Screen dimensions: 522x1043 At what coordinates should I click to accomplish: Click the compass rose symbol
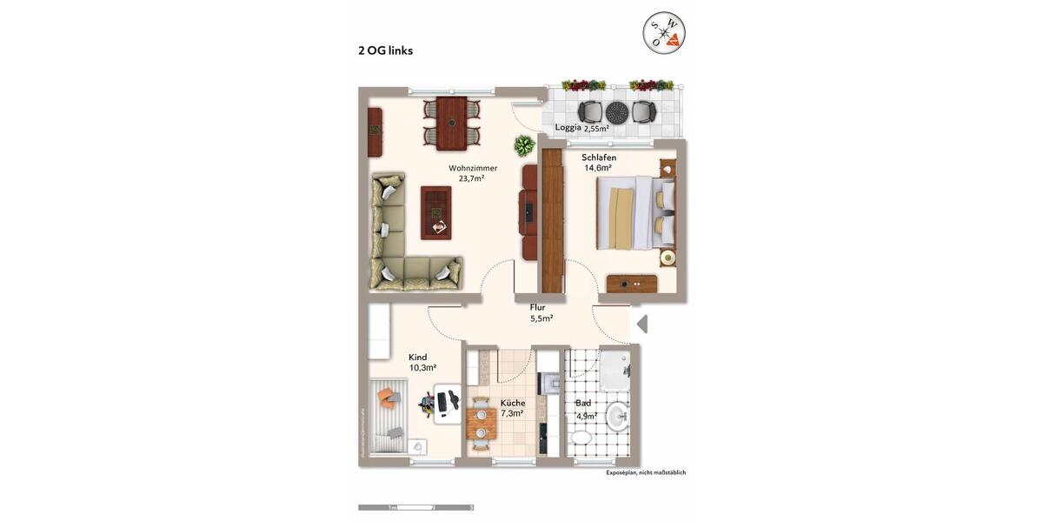click(x=664, y=33)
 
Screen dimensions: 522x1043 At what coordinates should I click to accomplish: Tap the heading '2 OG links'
click(x=385, y=50)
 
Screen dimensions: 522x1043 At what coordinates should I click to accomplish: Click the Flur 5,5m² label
click(x=541, y=312)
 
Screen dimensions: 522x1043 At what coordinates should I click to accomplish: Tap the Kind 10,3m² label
click(x=422, y=362)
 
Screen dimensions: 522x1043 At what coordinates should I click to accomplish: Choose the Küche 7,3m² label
click(x=512, y=408)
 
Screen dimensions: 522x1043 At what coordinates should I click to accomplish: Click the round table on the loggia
click(x=616, y=111)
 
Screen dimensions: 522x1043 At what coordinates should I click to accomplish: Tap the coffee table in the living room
click(x=436, y=212)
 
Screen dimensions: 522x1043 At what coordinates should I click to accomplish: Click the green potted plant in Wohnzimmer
click(x=524, y=145)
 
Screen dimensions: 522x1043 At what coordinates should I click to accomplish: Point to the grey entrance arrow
click(x=642, y=325)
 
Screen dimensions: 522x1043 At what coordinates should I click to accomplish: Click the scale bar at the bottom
click(x=415, y=507)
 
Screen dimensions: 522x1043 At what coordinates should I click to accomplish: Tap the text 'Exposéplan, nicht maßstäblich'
click(x=646, y=472)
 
